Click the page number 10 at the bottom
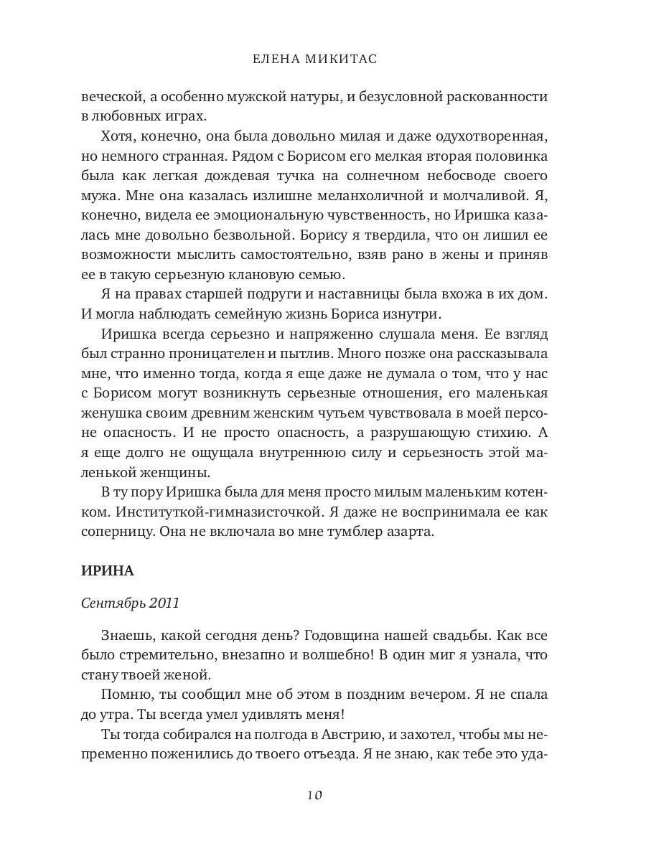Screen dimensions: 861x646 pos(314,794)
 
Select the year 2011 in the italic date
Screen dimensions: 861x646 pos(164,603)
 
